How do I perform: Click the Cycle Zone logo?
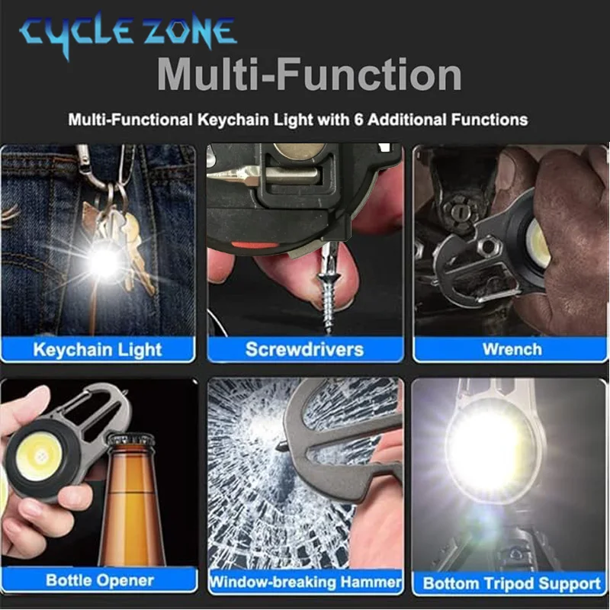coord(127,34)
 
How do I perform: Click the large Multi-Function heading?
coord(310,74)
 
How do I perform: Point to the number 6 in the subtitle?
coord(358,120)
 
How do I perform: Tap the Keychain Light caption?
coord(98,349)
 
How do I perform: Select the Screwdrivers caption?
coord(304,349)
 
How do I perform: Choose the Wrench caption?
coord(512,349)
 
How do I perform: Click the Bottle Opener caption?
coord(100,580)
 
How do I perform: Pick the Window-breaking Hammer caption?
coord(306,582)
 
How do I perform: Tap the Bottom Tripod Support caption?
coord(512,583)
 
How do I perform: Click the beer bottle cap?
coord(131,441)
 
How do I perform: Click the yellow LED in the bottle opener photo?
coord(39,455)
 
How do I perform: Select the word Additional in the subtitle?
coord(406,120)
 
